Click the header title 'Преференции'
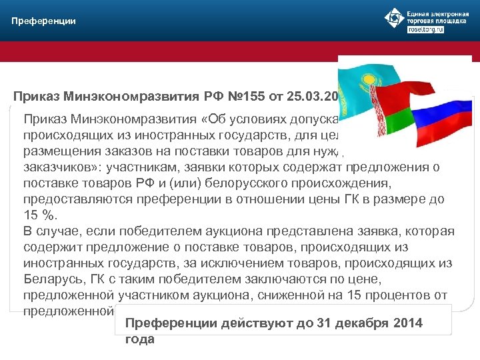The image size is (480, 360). tap(43, 21)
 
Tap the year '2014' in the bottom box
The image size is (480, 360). tap(407, 323)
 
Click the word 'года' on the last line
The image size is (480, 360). tap(139, 339)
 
